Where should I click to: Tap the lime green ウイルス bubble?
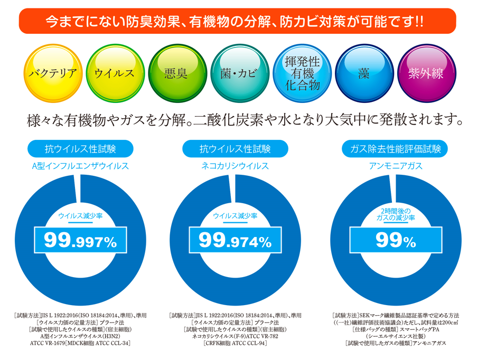114,73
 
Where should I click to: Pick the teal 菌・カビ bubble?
239,73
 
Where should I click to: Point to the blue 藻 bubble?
363,73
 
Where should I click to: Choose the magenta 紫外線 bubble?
426,73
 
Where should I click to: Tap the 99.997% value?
80,242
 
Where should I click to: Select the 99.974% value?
235,242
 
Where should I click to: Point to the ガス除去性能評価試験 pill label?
395,148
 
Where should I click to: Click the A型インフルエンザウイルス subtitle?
80,166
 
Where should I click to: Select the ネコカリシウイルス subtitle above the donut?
235,166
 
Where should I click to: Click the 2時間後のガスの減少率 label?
395,214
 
